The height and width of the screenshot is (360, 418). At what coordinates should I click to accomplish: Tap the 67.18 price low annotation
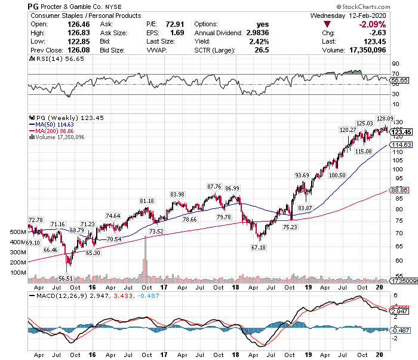click(259, 247)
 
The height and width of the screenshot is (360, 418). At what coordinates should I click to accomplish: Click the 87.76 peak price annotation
click(214, 186)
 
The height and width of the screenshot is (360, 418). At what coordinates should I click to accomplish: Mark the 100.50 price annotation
click(338, 176)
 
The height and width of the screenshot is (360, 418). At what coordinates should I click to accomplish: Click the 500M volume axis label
click(18, 232)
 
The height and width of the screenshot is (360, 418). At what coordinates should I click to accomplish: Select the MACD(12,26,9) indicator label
click(58, 295)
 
